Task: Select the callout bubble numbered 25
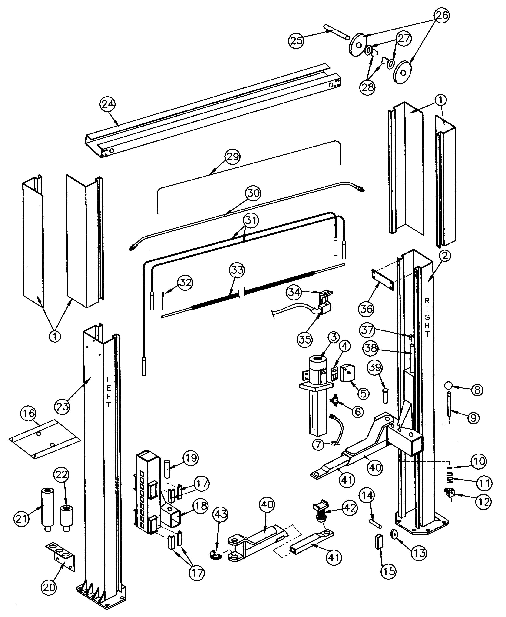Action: (296, 40)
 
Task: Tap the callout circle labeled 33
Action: (237, 270)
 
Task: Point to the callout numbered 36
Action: (366, 309)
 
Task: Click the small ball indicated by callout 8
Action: (448, 385)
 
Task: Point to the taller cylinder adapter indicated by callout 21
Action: (47, 508)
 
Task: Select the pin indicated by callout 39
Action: (385, 396)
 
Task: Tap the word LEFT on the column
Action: (108, 392)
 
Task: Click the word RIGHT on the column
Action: (427, 317)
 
